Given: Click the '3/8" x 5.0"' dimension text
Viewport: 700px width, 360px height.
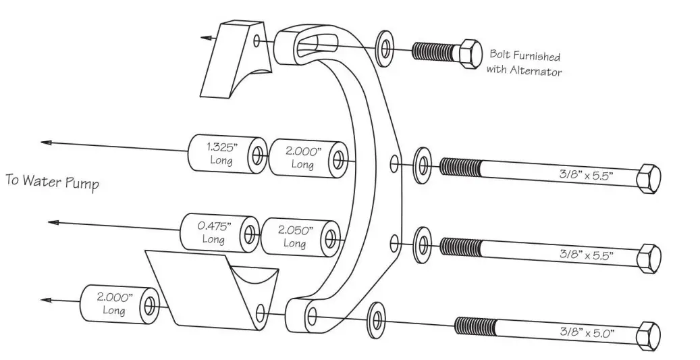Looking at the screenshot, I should coord(585,332).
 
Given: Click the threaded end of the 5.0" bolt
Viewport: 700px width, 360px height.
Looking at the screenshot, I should coord(473,327).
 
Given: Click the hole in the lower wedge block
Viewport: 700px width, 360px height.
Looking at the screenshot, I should coord(261,311).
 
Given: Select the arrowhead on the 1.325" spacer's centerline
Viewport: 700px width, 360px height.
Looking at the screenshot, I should coord(46,142).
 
